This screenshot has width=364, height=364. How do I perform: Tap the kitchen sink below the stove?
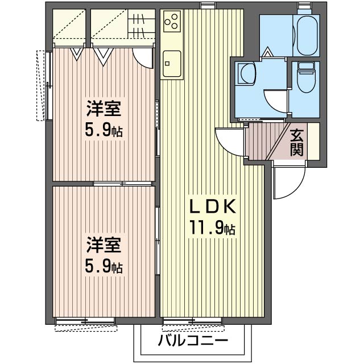pyautogui.click(x=171, y=59)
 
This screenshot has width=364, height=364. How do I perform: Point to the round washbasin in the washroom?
pyautogui.click(x=247, y=73)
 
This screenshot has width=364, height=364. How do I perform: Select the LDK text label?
pyautogui.click(x=212, y=206)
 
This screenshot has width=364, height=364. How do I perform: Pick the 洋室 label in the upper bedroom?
pyautogui.click(x=104, y=109)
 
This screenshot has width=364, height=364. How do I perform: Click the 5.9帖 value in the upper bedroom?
pyautogui.click(x=104, y=131)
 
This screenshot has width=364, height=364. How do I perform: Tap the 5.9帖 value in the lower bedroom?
pyautogui.click(x=104, y=267)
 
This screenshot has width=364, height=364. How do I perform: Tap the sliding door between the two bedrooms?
pyautogui.click(x=122, y=184)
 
